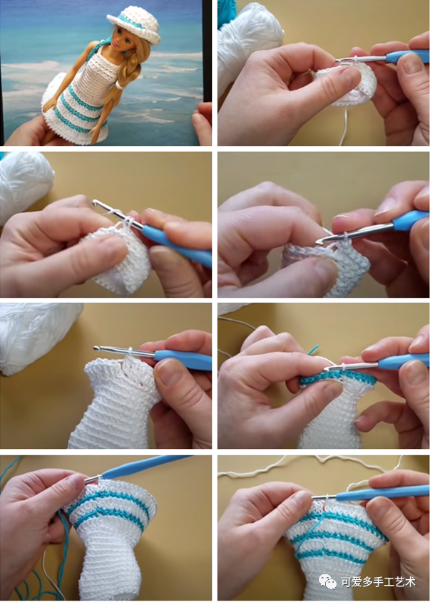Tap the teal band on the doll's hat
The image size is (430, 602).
(x=131, y=21)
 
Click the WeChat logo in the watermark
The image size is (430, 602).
(x=327, y=581)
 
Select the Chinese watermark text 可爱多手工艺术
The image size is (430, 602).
(x=378, y=582)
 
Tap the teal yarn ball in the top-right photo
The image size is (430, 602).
(x=226, y=14)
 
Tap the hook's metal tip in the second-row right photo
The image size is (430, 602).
(x=319, y=242)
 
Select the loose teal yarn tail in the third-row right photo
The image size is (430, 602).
(x=313, y=350)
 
